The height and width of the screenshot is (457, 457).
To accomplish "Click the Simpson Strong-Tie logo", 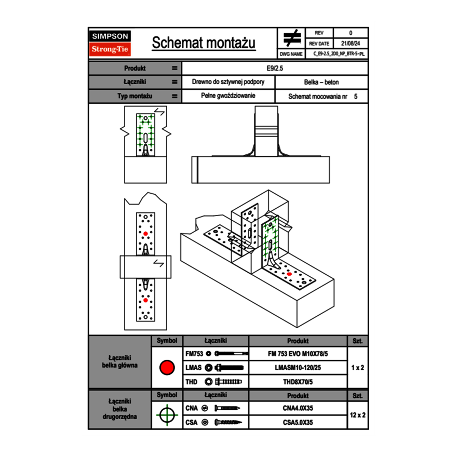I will point(110,43).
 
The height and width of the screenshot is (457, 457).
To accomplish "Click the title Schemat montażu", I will point(204,43).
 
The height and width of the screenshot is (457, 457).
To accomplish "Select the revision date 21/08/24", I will point(351,44).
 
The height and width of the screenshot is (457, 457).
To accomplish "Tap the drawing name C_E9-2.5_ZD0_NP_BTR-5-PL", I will point(339,53).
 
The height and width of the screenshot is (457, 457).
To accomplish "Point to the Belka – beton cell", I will point(321,82).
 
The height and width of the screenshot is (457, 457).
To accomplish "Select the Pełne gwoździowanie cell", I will point(228,96).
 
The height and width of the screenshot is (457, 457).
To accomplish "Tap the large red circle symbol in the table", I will point(167,368).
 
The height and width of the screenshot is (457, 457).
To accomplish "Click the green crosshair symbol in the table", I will point(167,415).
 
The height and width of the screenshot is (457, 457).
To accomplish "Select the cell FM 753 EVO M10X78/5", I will point(298,354).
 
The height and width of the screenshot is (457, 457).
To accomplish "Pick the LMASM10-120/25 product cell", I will point(298,368).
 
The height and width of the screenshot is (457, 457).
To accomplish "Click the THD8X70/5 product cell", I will point(298,382).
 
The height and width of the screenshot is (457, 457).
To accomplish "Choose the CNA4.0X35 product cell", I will point(298,408).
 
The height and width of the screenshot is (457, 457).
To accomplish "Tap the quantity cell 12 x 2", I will point(358,415).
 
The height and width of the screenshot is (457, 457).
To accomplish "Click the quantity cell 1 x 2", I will point(358,368).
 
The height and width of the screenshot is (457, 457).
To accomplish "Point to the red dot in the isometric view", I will point(289,274).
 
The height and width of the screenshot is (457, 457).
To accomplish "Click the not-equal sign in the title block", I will point(292,39).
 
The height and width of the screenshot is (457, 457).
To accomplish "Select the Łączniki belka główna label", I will point(119,361).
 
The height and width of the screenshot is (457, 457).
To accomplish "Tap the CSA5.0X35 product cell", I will point(298,422).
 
